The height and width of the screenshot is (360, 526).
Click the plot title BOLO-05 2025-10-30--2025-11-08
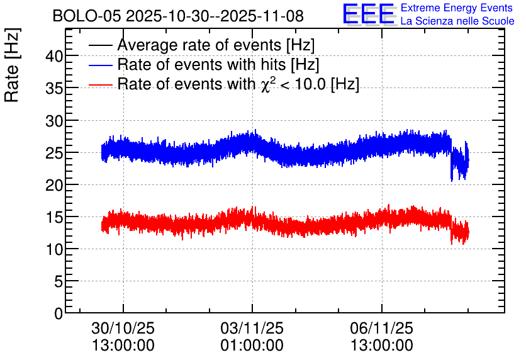tap(178, 16)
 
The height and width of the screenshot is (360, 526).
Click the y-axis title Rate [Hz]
tap(12, 65)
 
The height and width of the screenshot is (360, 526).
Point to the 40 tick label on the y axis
tap(54, 56)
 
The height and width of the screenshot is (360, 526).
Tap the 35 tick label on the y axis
tap(54, 88)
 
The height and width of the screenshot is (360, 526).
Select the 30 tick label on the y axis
tap(54, 120)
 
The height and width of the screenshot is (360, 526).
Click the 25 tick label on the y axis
tap(54, 153)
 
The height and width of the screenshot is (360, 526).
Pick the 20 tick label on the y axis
tap(54, 185)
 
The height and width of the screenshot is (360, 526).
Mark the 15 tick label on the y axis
tap(54, 217)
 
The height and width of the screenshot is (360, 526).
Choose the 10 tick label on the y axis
tap(54, 249)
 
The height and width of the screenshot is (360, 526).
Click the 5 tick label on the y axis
tap(59, 281)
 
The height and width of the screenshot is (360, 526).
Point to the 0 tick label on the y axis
tap(59, 313)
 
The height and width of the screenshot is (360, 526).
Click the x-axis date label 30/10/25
tap(123, 328)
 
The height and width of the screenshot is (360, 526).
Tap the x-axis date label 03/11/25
tap(252, 328)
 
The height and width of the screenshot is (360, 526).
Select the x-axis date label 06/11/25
tap(382, 328)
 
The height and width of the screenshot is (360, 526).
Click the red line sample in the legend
tap(101, 85)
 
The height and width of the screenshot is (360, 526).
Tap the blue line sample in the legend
tap(101, 65)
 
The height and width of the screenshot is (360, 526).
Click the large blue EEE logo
tap(369, 14)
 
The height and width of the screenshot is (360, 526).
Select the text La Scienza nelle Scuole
tap(457, 21)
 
